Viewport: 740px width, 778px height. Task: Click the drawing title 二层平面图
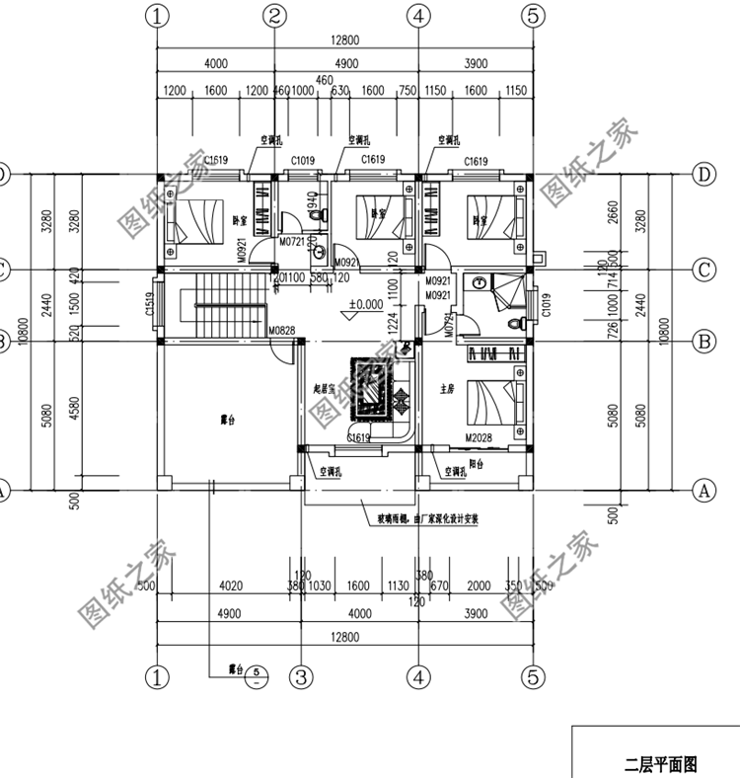click(661, 763)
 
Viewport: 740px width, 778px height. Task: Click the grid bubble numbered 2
click(275, 16)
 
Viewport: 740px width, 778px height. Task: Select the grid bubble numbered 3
click(301, 676)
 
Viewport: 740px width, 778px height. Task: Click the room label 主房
click(445, 388)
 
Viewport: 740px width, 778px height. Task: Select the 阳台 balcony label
click(475, 463)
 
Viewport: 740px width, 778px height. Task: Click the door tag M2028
click(479, 435)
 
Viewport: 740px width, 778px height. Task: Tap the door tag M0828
click(282, 331)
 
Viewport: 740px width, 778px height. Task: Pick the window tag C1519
click(150, 306)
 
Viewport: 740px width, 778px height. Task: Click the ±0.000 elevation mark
click(364, 304)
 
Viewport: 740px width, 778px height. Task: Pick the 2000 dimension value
click(478, 586)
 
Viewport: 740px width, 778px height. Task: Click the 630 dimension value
click(340, 92)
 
